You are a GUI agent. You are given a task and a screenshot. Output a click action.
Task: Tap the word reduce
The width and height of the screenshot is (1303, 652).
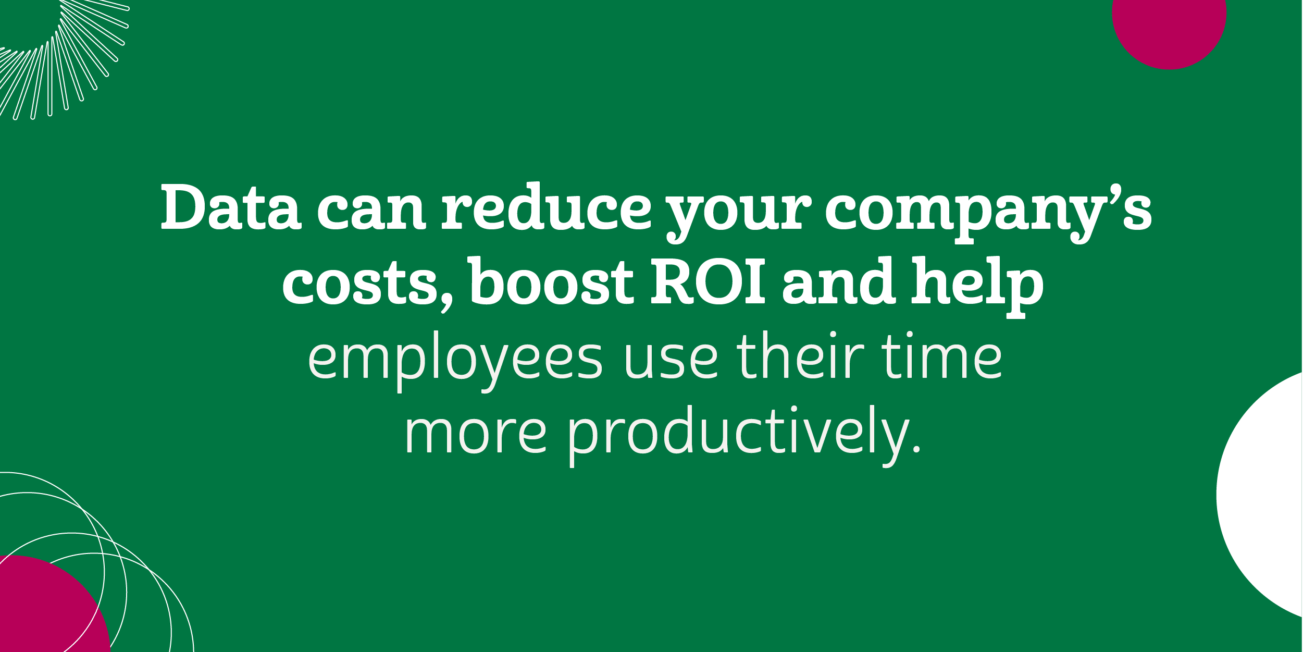pyautogui.click(x=547, y=206)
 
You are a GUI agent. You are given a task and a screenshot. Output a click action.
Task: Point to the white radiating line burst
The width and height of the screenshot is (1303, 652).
pyautogui.click(x=57, y=57)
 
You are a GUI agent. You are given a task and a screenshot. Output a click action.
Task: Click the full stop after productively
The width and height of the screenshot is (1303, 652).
pyautogui.click(x=916, y=448)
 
